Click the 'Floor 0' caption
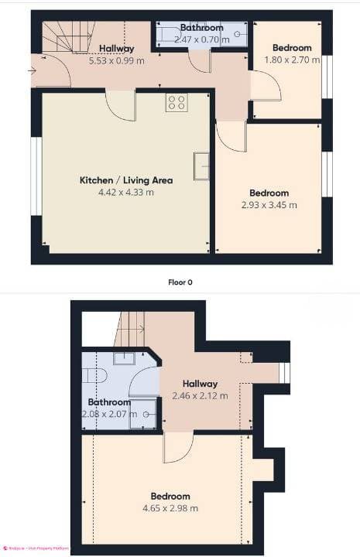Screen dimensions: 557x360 pyautogui.click(x=180, y=282)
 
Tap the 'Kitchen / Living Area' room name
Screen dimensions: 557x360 pyautogui.click(x=125, y=180)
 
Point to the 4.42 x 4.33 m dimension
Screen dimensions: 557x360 pyautogui.click(x=125, y=192)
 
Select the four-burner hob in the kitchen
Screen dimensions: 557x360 pyautogui.click(x=176, y=103)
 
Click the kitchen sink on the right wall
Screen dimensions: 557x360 pyautogui.click(x=201, y=166)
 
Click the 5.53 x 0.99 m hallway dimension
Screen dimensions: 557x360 pyautogui.click(x=116, y=60)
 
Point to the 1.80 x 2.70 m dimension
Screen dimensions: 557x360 pyautogui.click(x=292, y=60)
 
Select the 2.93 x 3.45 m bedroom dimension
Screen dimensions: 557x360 pyautogui.click(x=269, y=205)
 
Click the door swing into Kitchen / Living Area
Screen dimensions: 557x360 pyautogui.click(x=120, y=106)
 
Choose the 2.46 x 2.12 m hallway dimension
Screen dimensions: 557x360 pyautogui.click(x=200, y=395)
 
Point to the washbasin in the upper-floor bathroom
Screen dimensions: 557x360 pyautogui.click(x=124, y=357)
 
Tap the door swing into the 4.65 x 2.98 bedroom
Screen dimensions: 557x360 pyautogui.click(x=177, y=447)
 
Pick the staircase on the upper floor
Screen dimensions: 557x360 pyautogui.click(x=129, y=329)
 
